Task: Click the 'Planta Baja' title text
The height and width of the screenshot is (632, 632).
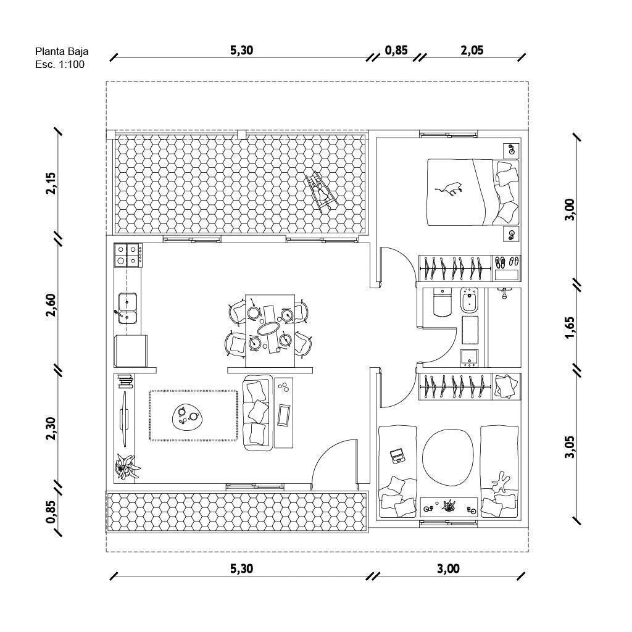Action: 62,52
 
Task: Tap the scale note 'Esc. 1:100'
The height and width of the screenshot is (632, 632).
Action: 60,64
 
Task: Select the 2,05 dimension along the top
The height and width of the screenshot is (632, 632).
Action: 472,50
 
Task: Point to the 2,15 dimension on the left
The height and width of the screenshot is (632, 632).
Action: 51,183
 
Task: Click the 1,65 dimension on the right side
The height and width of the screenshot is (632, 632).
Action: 570,328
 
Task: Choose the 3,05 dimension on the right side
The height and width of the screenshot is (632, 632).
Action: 570,447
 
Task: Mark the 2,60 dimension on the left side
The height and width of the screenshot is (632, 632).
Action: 51,305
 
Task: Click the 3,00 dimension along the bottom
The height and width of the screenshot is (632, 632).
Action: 448,568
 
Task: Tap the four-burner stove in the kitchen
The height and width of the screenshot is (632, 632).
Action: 128,255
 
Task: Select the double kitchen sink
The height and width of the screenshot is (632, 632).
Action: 127,309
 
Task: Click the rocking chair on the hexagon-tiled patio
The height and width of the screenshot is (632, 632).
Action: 321,191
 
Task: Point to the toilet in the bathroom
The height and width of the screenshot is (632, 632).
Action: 443,302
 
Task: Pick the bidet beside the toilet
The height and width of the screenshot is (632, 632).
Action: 469,301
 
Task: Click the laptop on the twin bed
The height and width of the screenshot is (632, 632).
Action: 397,456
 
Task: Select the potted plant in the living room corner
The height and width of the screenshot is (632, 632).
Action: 128,467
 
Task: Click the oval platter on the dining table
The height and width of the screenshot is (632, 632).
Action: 270,329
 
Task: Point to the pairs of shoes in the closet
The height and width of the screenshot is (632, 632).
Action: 507,262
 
